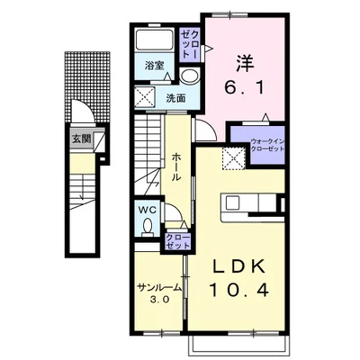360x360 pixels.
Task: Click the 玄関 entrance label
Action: pos(81,139)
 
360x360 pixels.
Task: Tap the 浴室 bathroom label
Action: pos(155,66)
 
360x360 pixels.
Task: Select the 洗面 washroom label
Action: pos(176,98)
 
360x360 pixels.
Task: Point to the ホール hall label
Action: pos(176,166)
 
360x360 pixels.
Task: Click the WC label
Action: pos(148,211)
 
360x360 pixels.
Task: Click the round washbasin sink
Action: pos(189,76)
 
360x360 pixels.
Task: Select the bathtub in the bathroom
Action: pos(154,40)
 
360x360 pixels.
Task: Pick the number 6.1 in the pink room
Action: pos(245,88)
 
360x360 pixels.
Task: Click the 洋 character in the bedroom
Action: pos(245,64)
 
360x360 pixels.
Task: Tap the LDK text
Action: pos(239,266)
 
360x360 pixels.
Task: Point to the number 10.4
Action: pos(238,290)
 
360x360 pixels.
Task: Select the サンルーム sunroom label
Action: pos(159,288)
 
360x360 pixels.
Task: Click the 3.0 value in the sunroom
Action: pos(159,300)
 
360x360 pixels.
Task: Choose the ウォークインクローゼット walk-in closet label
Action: pos(267,145)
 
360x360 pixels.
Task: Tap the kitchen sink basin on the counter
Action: pos(233,203)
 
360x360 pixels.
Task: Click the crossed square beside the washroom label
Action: pos(145,97)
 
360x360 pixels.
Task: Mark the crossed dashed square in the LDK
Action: pos(234,159)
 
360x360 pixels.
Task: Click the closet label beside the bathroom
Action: pos(189,44)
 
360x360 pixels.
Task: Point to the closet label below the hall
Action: pos(178,241)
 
